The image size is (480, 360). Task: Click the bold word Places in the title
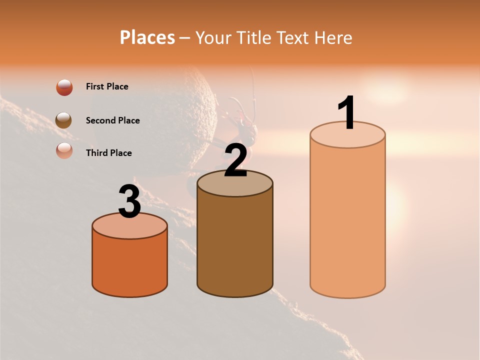[x=147, y=37]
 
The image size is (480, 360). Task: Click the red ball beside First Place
[x=64, y=87]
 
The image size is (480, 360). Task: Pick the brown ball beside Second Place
[x=64, y=120]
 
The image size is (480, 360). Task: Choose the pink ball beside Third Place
[x=64, y=151]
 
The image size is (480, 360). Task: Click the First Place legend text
[x=107, y=86]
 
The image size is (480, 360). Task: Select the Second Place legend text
[x=112, y=120]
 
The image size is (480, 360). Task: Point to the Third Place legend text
[x=108, y=153]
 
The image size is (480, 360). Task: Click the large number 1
[x=347, y=113]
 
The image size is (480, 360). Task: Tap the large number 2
[x=235, y=161]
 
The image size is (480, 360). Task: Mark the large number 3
[x=130, y=202]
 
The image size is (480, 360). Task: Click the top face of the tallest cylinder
[x=347, y=137]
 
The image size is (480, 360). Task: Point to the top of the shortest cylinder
[x=130, y=227]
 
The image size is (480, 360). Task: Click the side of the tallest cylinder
[x=347, y=220]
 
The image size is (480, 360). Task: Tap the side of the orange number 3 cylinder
[x=130, y=265]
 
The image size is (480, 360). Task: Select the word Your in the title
[x=213, y=37]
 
